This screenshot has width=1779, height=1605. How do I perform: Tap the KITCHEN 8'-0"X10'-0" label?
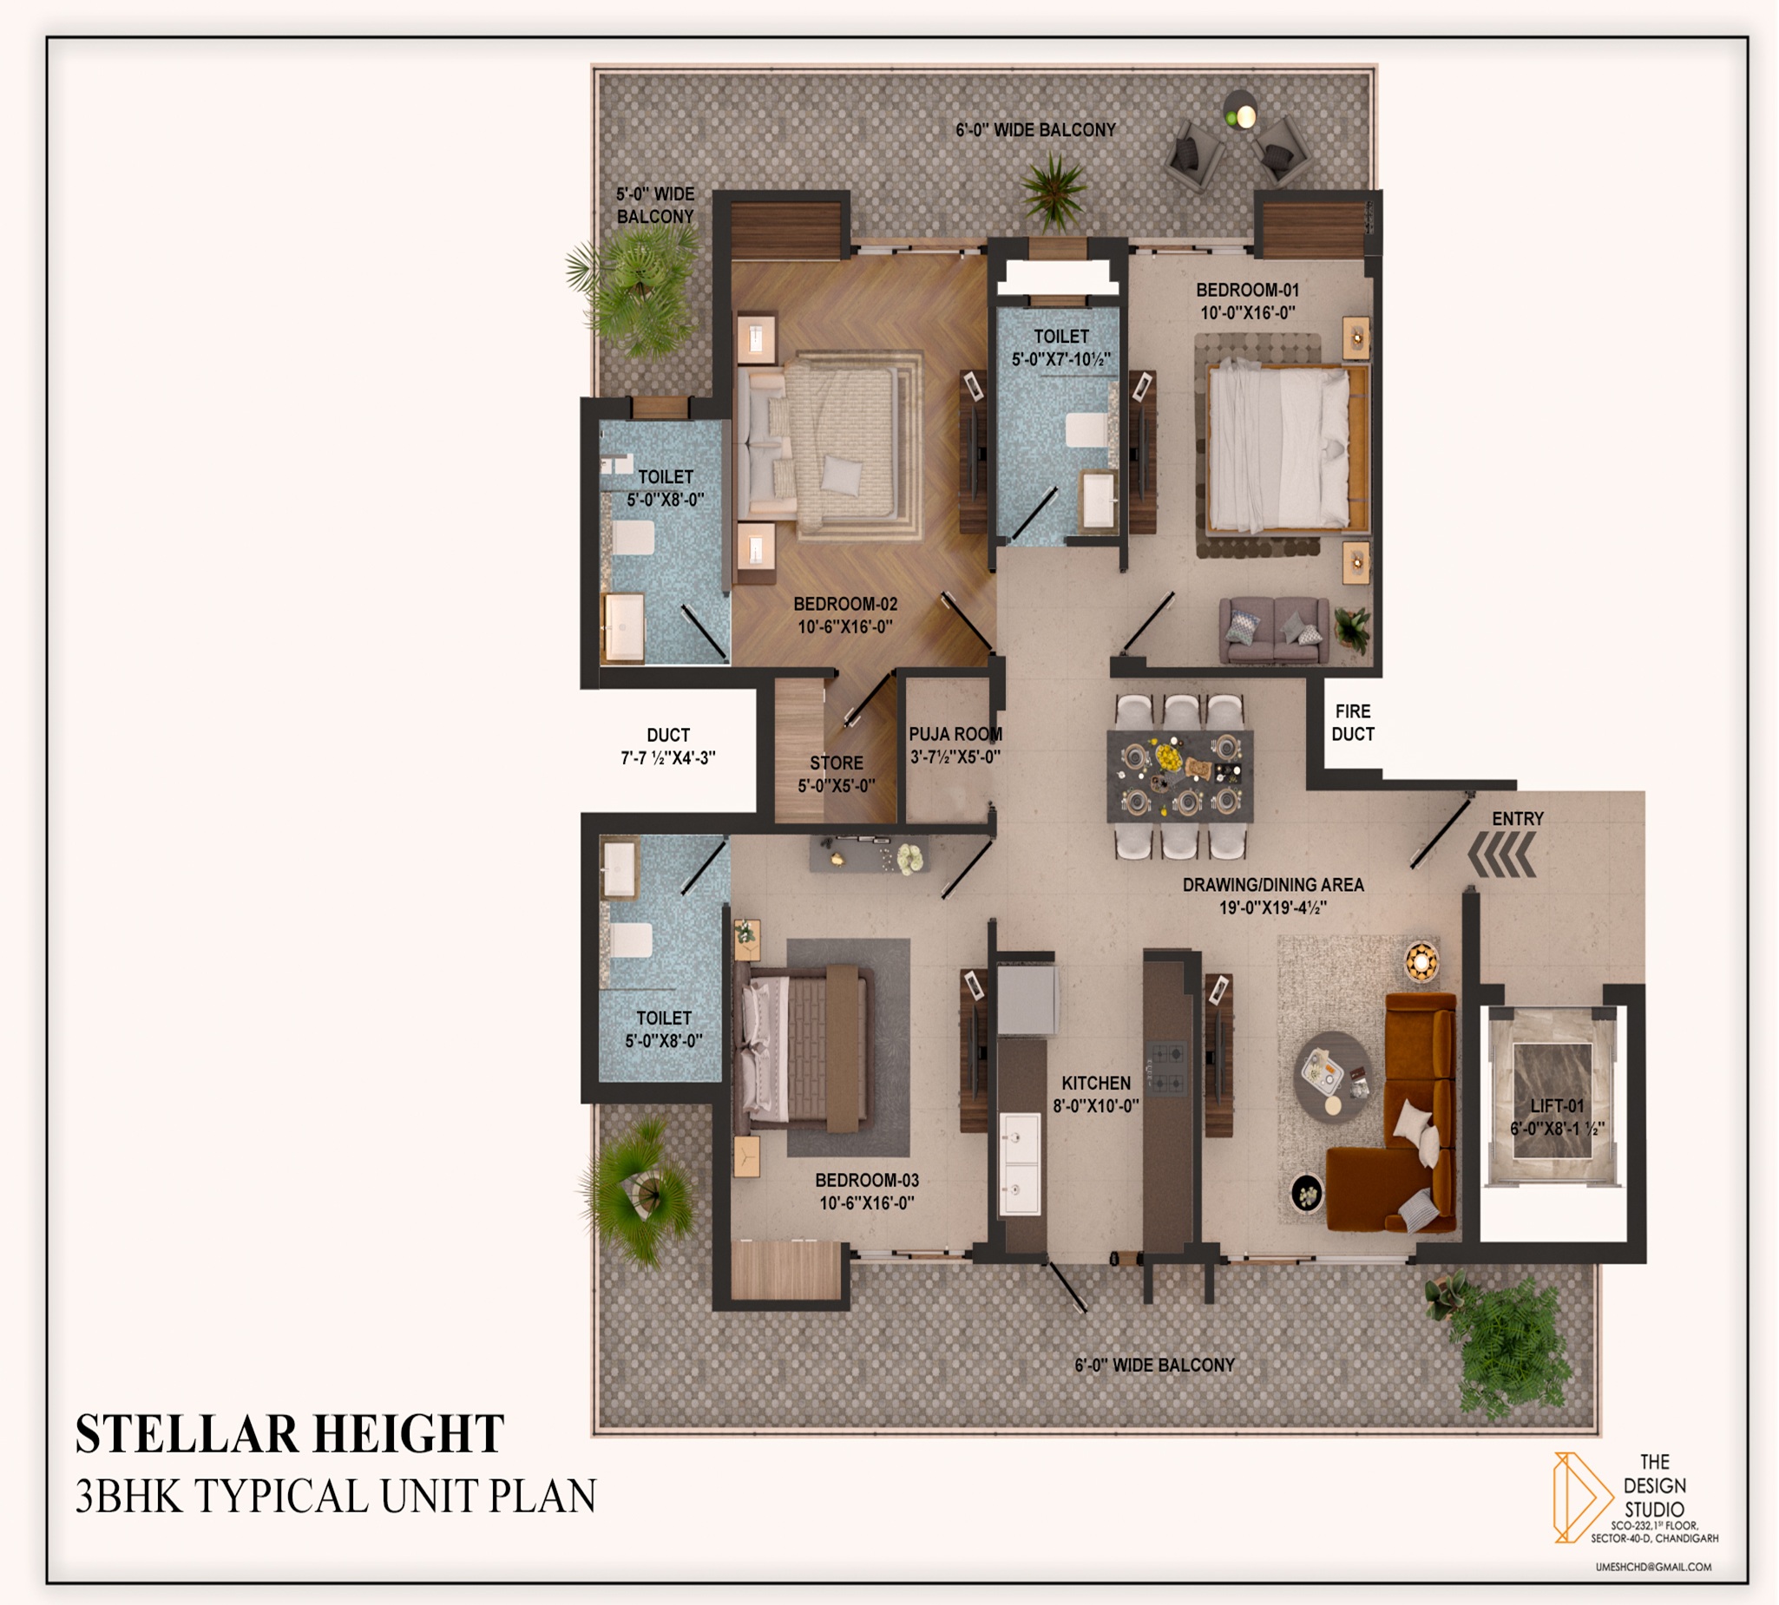point(1095,1094)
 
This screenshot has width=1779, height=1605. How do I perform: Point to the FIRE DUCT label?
point(1352,722)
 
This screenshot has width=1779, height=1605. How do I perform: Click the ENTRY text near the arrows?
point(1517,818)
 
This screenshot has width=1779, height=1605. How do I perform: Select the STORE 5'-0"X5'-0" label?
point(837,774)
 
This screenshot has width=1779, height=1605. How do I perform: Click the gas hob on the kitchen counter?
point(1166,1067)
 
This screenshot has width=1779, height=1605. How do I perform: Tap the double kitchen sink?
point(1019,1164)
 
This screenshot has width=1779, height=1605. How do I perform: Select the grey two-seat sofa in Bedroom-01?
point(1274,630)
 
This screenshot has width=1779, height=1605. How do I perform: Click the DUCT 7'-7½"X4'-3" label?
point(667,746)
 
